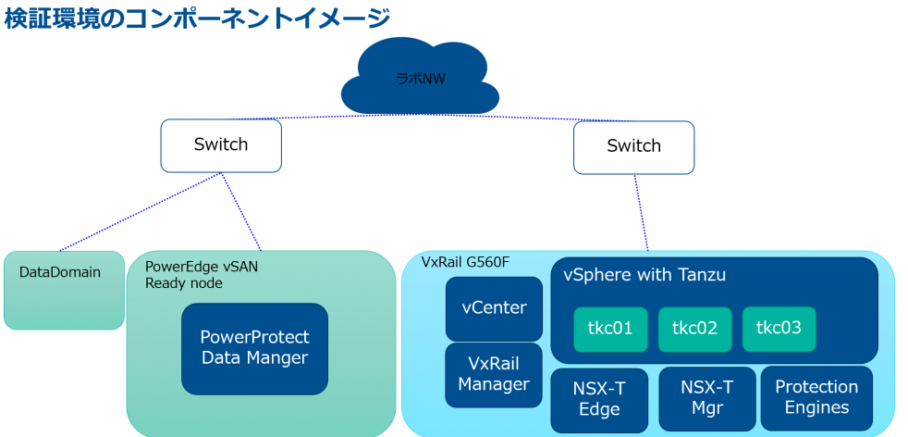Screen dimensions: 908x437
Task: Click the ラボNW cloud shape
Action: tap(421, 78)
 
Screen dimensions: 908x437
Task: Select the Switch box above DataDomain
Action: tap(221, 145)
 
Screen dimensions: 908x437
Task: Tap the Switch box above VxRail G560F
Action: tap(633, 147)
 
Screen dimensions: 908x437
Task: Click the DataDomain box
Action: tap(65, 291)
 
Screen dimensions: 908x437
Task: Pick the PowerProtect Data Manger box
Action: tap(255, 349)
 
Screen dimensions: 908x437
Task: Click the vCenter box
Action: tap(494, 308)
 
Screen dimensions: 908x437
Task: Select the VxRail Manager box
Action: tap(494, 375)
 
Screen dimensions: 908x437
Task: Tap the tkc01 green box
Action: tap(611, 330)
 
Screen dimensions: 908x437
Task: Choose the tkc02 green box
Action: tap(695, 330)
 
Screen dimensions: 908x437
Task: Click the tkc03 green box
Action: tap(779, 330)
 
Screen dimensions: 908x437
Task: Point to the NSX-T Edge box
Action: tap(599, 399)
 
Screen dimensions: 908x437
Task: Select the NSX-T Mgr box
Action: tap(707, 399)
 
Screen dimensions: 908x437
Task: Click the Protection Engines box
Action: tap(816, 398)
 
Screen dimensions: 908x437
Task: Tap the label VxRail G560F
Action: tap(466, 263)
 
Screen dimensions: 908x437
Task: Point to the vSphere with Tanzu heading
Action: tap(644, 275)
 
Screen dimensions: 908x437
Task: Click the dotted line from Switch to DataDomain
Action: tap(140, 212)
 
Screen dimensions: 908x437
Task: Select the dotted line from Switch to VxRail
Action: tap(641, 213)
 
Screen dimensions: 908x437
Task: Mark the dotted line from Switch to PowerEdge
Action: tap(241, 211)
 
